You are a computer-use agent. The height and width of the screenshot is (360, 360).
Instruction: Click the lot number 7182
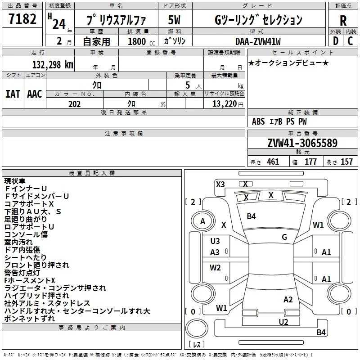22,20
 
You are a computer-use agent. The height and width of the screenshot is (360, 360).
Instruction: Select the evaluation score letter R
343,21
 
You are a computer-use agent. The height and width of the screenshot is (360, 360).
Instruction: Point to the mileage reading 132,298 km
53,64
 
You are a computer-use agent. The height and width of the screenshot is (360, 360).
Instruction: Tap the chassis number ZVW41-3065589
302,144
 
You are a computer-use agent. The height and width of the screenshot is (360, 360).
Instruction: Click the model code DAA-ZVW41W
257,41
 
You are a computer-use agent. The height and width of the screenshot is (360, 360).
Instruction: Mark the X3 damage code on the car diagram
220,184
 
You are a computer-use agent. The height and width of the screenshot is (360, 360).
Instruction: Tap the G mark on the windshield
284,237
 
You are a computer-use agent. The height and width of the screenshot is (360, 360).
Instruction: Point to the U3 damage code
215,241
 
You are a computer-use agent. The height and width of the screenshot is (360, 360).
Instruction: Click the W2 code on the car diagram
215,268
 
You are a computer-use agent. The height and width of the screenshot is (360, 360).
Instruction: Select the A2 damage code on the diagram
288,300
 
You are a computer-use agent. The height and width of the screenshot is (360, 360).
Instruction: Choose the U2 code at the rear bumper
283,321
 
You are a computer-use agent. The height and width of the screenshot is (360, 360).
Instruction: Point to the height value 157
346,162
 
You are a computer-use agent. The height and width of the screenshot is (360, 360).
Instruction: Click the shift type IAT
13,94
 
